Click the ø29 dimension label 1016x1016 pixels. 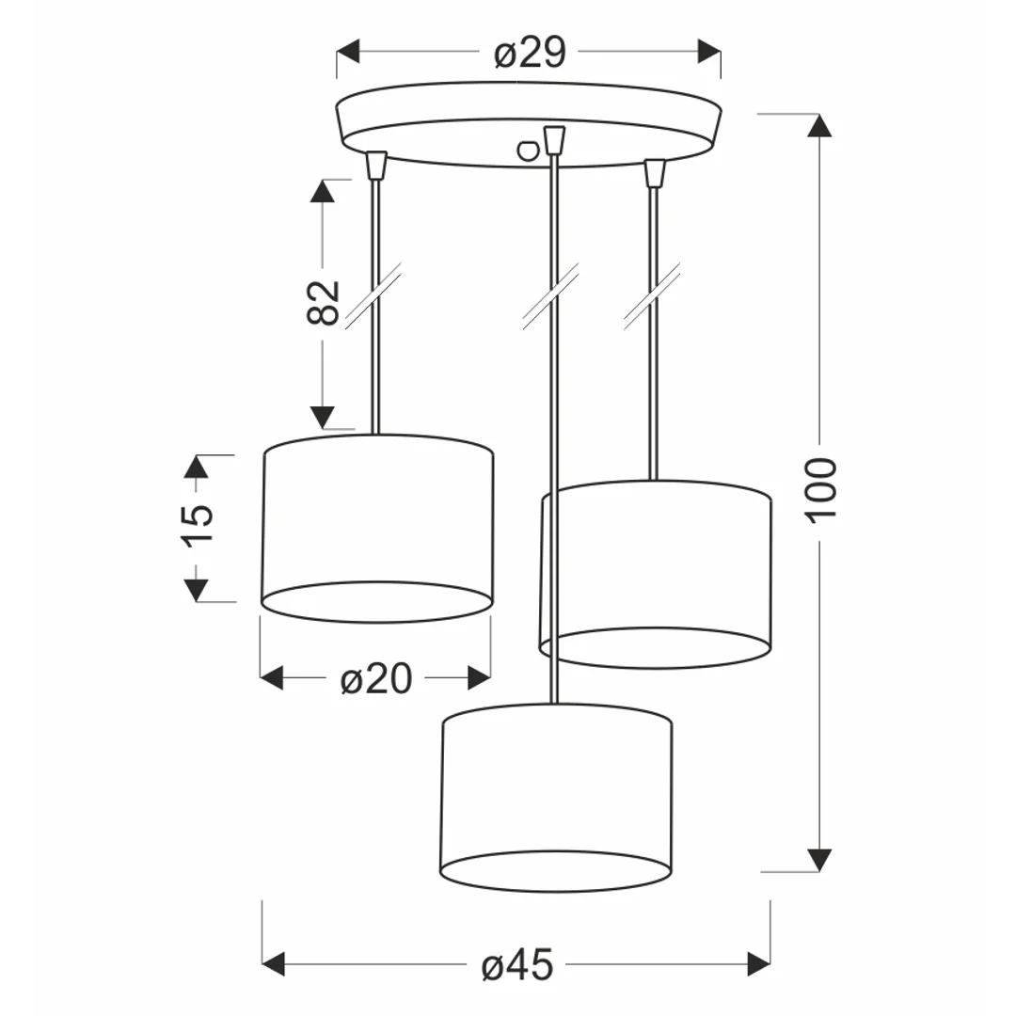(x=530, y=53)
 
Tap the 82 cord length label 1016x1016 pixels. (x=322, y=302)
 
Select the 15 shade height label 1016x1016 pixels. (x=198, y=526)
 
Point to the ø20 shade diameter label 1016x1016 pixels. (x=375, y=678)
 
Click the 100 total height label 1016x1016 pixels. (x=821, y=488)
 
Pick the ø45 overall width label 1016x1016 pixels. (x=517, y=965)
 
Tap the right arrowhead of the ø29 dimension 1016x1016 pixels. (x=709, y=51)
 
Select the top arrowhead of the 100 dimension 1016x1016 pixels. (x=819, y=126)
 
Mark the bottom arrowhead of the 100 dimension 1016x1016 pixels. (x=819, y=861)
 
